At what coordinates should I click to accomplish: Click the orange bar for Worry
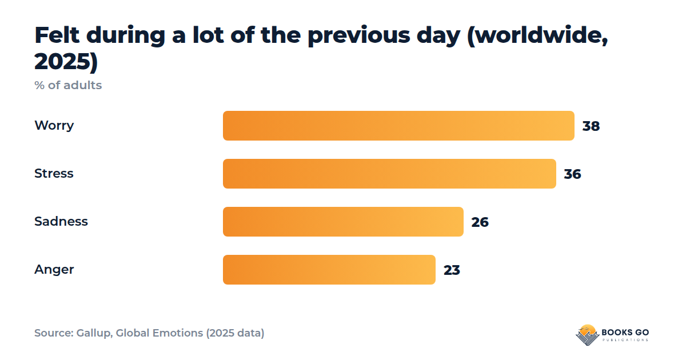pos(398,126)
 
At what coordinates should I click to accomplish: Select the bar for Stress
pos(389,174)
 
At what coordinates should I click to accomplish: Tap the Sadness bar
pos(343,222)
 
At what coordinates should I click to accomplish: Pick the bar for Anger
pos(329,270)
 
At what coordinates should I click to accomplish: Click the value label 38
pos(591,126)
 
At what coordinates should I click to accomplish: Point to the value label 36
pos(572,174)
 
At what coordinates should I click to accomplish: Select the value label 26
pos(480,222)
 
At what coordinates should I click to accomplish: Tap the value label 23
pos(452,270)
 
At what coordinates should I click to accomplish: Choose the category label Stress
pos(54,174)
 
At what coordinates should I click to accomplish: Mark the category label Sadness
pos(61,221)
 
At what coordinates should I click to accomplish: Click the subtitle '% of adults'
pos(68,85)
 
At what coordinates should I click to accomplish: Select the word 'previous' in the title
pos(358,36)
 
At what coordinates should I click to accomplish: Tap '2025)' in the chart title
pos(66,62)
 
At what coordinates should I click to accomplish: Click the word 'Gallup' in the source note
pos(94,333)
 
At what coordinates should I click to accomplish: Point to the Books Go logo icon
pos(587,335)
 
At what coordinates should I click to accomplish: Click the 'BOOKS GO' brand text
pos(625,333)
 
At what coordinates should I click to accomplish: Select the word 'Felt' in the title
pos(57,35)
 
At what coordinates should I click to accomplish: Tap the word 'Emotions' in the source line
pos(178,333)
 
